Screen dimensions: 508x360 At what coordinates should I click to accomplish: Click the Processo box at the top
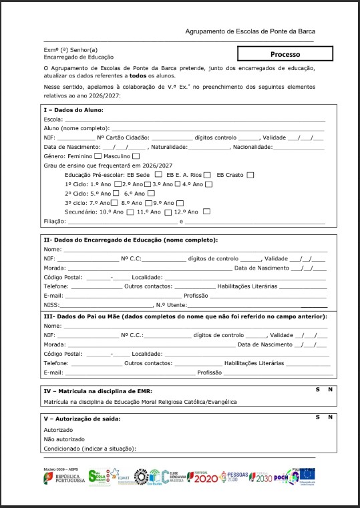click(285, 54)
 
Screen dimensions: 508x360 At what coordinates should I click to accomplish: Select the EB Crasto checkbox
click(250, 175)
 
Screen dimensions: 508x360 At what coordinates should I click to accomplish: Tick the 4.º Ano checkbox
click(209, 184)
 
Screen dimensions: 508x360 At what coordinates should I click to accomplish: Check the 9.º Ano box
click(180, 203)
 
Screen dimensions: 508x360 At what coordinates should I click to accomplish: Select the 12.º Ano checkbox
click(206, 212)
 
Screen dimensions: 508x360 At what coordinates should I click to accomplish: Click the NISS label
click(51, 304)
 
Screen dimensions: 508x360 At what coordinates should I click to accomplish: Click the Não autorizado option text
click(64, 439)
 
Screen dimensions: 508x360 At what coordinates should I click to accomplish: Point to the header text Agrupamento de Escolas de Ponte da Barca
click(250, 31)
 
